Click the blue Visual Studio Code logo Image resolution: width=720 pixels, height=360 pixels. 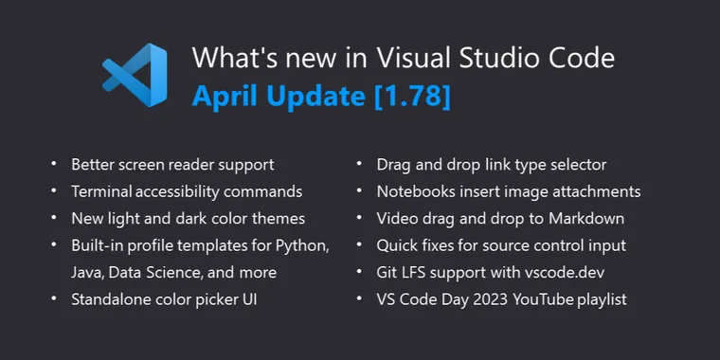pos(135,76)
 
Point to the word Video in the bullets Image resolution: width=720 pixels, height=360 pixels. pos(398,219)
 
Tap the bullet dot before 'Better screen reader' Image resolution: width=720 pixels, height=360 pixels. pos(53,165)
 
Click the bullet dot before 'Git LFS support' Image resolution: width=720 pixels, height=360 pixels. pos(360,273)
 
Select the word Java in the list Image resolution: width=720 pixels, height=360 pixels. pos(88,273)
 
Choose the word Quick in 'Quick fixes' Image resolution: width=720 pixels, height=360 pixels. pos(399,245)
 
